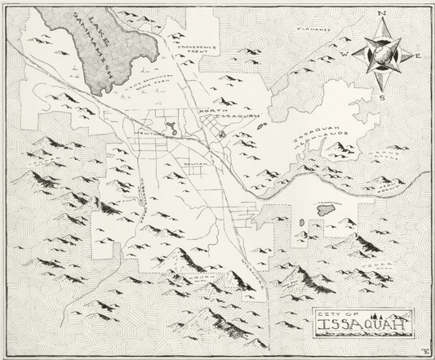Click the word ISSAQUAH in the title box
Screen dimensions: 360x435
coord(362,330)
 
